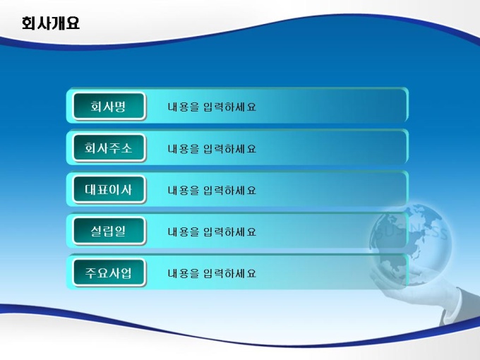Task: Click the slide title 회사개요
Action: (51, 23)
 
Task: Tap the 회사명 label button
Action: (109, 106)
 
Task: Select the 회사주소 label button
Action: (109, 148)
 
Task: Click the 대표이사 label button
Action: (109, 189)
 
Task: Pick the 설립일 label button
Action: (109, 231)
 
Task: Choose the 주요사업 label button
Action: (109, 272)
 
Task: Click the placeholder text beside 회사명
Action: (212, 107)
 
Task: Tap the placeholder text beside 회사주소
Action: (212, 148)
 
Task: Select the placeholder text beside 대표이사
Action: (212, 190)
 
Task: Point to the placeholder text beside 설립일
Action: (212, 232)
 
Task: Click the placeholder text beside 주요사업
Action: (212, 273)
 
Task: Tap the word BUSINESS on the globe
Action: (411, 232)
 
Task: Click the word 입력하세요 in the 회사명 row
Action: (230, 107)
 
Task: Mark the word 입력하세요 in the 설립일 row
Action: (230, 232)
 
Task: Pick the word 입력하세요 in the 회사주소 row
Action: (230, 148)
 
